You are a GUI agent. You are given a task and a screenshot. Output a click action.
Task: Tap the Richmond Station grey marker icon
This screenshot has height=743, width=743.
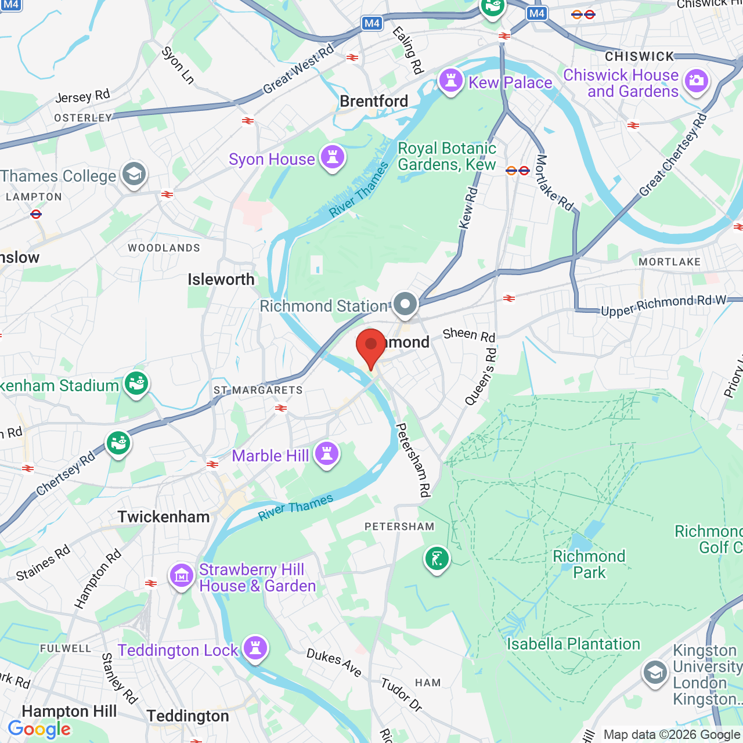coord(405,304)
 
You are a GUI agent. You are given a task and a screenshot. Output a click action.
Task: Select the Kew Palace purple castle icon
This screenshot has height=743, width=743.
coord(451,81)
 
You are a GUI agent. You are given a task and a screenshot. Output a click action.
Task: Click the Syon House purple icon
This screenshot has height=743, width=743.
coord(333,157)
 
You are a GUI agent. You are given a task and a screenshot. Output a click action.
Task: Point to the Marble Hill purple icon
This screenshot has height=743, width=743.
coord(327,454)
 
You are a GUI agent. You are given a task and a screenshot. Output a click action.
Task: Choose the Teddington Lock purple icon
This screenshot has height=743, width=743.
coord(255,648)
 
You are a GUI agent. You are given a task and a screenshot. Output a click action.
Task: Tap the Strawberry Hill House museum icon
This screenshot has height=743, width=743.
coord(182,576)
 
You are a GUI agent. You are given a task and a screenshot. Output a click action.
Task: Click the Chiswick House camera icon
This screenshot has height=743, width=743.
coord(697,81)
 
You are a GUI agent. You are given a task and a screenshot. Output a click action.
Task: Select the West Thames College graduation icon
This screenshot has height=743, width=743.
coord(134,174)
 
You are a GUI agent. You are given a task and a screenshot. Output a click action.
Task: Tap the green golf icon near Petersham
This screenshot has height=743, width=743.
coord(437,559)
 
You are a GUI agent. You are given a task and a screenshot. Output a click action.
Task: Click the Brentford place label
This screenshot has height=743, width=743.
coord(374,101)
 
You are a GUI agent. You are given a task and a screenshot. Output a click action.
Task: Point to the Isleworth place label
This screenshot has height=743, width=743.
coord(221,279)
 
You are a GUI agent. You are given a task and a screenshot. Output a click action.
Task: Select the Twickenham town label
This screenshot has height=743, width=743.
coord(164,517)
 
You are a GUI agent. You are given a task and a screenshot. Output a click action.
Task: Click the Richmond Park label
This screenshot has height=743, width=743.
coord(589,564)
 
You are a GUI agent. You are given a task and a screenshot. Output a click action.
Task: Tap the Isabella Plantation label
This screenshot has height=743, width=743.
coord(574,644)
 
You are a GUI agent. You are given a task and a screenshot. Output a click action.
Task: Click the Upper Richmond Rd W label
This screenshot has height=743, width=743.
coord(663,305)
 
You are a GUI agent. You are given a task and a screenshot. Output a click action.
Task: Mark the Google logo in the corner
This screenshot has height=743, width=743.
coord(39,729)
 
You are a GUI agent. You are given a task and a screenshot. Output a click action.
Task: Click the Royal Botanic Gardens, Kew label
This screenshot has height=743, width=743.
coord(446,157)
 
